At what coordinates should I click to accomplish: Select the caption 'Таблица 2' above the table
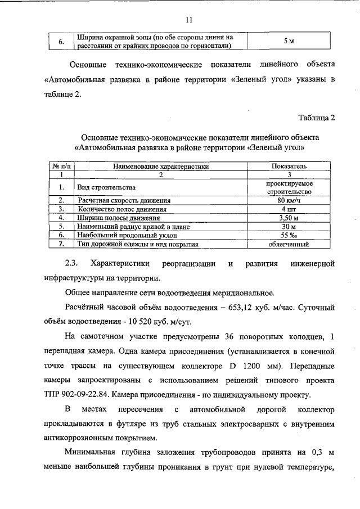point(317,118)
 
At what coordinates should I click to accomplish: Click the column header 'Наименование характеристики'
point(161,167)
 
